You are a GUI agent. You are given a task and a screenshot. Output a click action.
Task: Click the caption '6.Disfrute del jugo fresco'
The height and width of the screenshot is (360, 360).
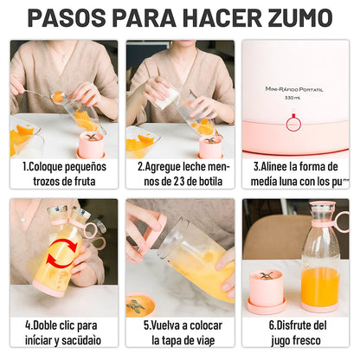(296, 333)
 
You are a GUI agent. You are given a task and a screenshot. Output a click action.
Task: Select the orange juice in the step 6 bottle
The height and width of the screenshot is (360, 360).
(321, 285)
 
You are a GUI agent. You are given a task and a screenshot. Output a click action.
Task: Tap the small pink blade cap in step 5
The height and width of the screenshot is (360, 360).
(138, 304)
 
